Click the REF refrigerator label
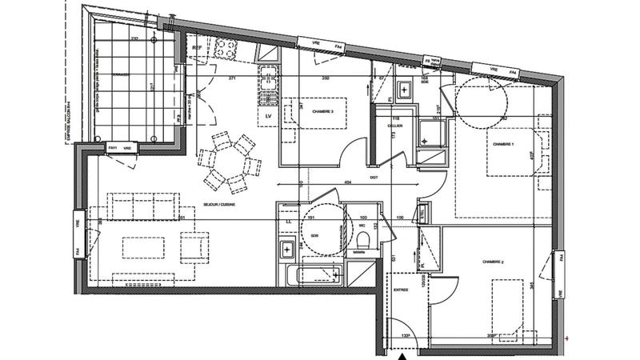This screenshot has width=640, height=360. [x=198, y=48]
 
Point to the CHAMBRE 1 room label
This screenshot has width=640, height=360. [x=502, y=144]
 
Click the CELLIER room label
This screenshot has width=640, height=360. [x=394, y=126]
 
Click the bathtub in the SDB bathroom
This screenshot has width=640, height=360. [x=314, y=275]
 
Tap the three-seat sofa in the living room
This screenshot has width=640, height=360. [x=144, y=206]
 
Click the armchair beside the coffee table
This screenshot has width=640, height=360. [x=194, y=246]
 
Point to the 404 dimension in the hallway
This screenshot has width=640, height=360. [x=348, y=183]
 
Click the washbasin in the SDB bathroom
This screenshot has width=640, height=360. [x=286, y=250]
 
